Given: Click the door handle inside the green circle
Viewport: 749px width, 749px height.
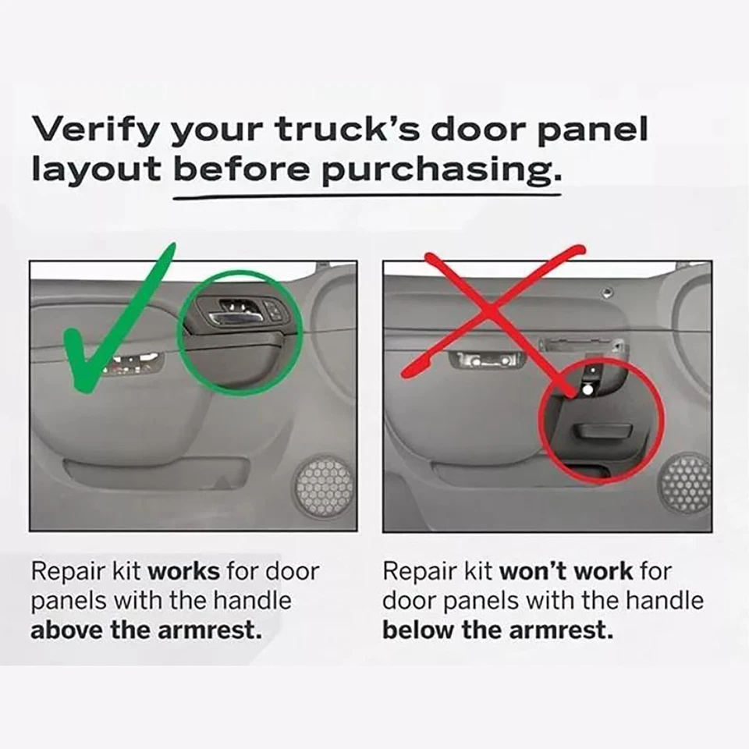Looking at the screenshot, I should point(234,312).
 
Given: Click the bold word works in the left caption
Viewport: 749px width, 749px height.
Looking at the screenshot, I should point(184,571).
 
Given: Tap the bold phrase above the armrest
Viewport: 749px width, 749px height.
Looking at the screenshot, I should point(146,630).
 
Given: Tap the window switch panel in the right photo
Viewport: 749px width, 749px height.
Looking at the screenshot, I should point(485,360).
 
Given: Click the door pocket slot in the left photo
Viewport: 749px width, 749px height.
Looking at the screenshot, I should point(156,470).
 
